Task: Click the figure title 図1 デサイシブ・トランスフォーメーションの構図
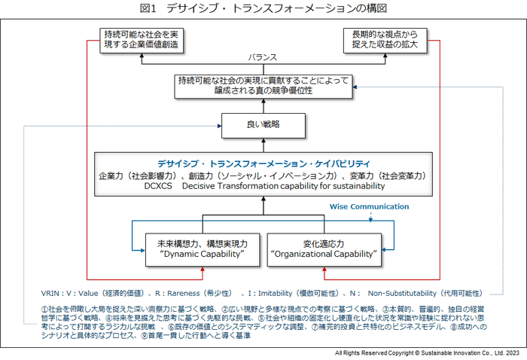pos(263,8)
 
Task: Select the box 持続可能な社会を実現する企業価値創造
pos(142,39)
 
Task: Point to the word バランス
pos(263,57)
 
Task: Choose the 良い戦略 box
pos(263,123)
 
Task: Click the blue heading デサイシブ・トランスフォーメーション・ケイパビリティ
pos(263,163)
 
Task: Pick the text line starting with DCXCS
pos(263,186)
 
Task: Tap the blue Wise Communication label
pos(369,206)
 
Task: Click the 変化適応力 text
pos(323,243)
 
